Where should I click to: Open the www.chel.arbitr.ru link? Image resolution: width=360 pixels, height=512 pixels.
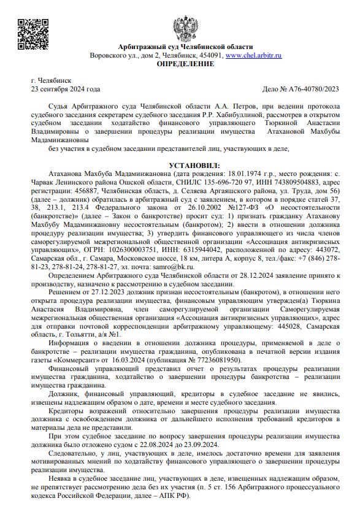253,55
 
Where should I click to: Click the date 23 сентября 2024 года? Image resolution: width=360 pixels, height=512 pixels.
65,89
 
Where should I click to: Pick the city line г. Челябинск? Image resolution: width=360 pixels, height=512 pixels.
51,80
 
